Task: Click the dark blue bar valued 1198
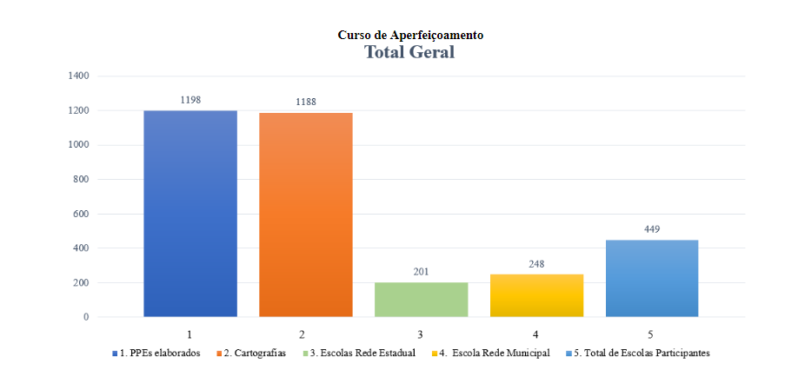pyautogui.click(x=190, y=214)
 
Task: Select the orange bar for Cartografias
pyautogui.click(x=306, y=215)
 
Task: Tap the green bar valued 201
pyautogui.click(x=421, y=300)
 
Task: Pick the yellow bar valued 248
pyautogui.click(x=536, y=295)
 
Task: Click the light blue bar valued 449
pyautogui.click(x=652, y=278)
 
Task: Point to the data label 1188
pyautogui.click(x=306, y=102)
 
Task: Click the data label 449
pyautogui.click(x=652, y=229)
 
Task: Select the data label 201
pyautogui.click(x=421, y=272)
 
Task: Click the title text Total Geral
pyautogui.click(x=409, y=52)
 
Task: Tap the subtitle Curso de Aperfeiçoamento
pyautogui.click(x=410, y=35)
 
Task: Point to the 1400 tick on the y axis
pyautogui.click(x=78, y=76)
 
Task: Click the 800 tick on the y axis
pyautogui.click(x=81, y=180)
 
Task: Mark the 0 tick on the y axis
pyautogui.click(x=86, y=317)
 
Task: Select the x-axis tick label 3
pyautogui.click(x=421, y=334)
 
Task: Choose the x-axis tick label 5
pyautogui.click(x=652, y=334)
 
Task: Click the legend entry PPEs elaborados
pyautogui.click(x=160, y=354)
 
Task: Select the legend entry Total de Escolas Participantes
pyautogui.click(x=641, y=354)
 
